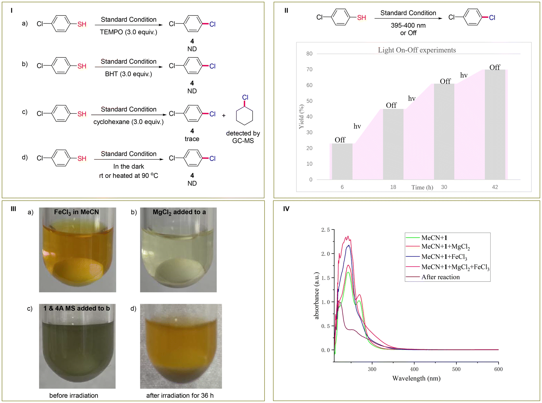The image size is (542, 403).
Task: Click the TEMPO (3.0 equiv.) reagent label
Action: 128,32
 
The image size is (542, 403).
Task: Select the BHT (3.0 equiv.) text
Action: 128,74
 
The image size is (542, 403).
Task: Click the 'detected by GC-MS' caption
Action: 243,137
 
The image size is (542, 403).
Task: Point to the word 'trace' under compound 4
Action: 192,139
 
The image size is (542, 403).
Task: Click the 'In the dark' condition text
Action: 128,167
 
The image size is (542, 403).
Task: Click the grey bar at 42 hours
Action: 495,125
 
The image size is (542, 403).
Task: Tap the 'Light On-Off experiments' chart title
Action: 417,50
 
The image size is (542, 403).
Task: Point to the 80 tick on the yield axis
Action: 309,54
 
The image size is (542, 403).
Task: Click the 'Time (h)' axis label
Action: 422,188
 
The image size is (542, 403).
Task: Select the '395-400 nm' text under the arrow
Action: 408,26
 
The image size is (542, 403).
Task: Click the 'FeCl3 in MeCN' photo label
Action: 76,212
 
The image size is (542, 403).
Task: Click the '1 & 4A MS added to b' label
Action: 77,308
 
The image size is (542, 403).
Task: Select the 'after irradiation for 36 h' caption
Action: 180,396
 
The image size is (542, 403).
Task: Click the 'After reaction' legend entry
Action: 440,277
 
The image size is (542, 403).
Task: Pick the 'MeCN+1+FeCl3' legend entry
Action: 444,257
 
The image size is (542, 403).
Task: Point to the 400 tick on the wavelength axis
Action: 414,369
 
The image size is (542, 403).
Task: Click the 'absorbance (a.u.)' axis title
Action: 316,296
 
